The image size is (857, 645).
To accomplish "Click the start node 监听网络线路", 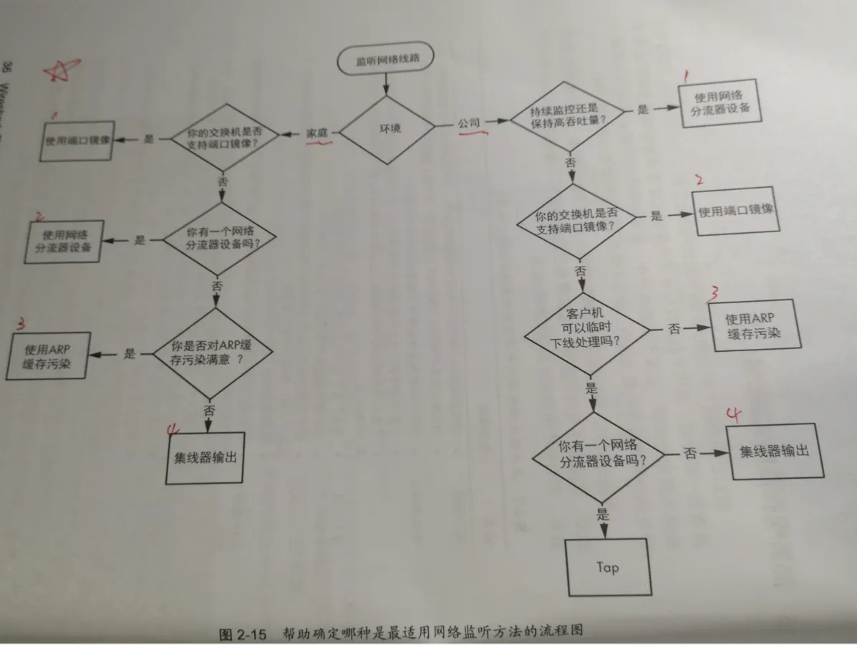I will pos(385,61).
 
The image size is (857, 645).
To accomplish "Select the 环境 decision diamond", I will pos(387,129).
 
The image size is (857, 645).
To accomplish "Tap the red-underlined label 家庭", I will pos(317,134).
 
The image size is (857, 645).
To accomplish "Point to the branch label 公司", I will pos(470,123).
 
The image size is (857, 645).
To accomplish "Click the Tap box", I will pos(607,567).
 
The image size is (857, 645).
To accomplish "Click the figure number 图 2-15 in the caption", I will pos(242,634).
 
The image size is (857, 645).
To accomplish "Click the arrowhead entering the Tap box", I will pos(603,531).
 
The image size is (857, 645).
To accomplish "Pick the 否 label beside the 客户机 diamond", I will pos(674,329).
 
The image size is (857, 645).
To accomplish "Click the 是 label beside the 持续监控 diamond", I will pos(642,110).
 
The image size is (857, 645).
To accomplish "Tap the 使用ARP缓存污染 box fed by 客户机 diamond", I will pos(753,326).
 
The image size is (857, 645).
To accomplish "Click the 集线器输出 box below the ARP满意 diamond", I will pos(205,457).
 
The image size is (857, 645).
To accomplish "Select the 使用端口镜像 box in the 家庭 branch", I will pos(78,141).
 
